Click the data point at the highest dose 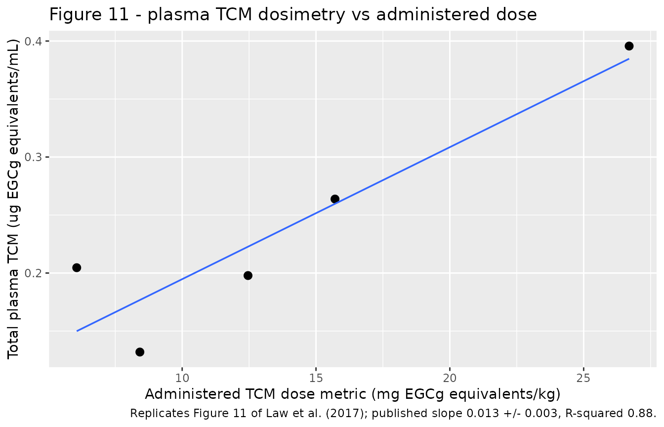pos(629,46)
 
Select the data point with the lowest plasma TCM pos(140,352)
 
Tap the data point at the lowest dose pos(77,268)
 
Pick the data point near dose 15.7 pos(335,199)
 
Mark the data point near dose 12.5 pos(248,275)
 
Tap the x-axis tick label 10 pos(182,378)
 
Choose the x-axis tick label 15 pos(316,378)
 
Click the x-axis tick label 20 pos(450,378)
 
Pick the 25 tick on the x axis pos(583,378)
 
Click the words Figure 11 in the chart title pos(89,15)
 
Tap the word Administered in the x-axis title pos(192,394)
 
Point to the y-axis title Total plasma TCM pos(13,297)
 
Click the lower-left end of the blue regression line pos(77,331)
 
